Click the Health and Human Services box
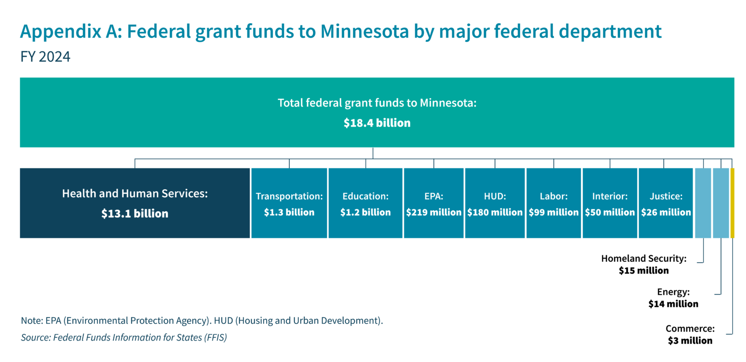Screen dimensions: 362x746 click(x=135, y=203)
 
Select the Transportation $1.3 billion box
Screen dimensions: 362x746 click(x=289, y=203)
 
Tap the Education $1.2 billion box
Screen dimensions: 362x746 click(x=365, y=203)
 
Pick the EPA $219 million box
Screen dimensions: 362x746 click(x=433, y=203)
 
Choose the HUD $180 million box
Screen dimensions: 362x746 click(x=495, y=203)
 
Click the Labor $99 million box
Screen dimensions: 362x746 click(x=554, y=203)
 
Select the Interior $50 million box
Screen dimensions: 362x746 click(x=610, y=203)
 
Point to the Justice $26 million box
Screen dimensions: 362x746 click(x=666, y=203)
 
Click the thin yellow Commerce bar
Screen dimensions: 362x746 click(x=732, y=203)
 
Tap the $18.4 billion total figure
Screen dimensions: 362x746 click(x=377, y=123)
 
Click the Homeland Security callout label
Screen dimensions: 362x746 click(x=644, y=259)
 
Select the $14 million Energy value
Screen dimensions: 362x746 click(x=673, y=303)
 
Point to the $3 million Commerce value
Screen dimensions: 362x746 click(x=690, y=340)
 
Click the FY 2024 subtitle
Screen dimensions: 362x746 click(x=46, y=57)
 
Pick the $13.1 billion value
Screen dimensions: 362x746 click(x=135, y=214)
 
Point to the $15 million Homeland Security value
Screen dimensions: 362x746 click(x=644, y=270)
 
